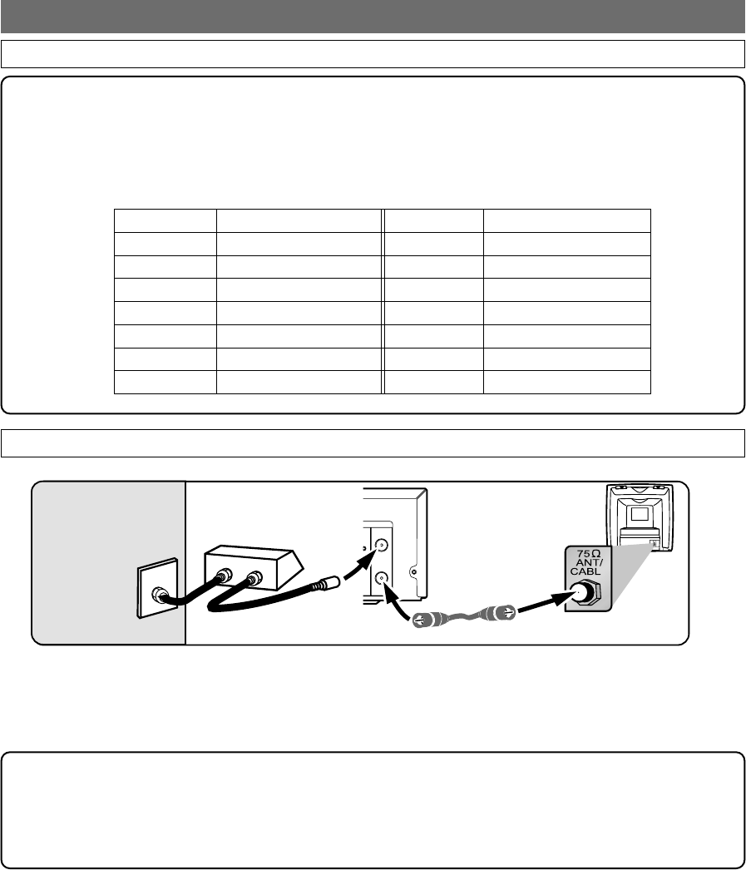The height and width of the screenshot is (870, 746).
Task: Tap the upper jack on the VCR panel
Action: [381, 546]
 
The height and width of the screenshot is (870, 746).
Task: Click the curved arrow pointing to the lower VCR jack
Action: [397, 605]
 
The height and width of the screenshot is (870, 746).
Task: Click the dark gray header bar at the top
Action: [373, 14]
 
